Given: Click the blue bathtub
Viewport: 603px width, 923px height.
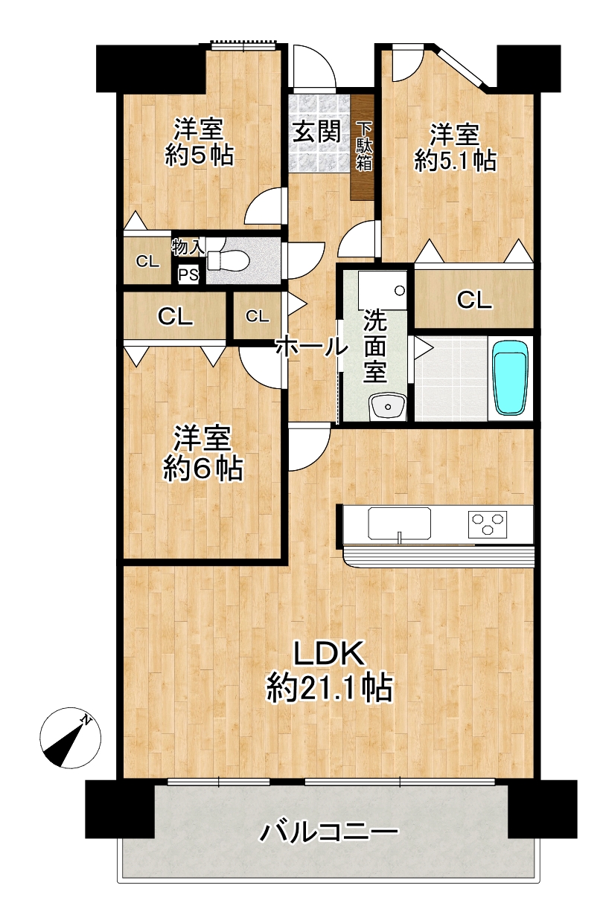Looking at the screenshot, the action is pyautogui.click(x=511, y=378).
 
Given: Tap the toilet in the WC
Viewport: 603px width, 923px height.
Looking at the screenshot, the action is pyautogui.click(x=227, y=259).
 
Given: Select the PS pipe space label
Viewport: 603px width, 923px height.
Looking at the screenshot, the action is pyautogui.click(x=188, y=274).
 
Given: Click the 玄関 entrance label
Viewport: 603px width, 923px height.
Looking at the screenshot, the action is pyautogui.click(x=316, y=132).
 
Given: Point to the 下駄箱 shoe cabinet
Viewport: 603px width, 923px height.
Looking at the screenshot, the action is pyautogui.click(x=364, y=146).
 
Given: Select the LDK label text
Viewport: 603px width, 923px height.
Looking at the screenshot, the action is pyautogui.click(x=329, y=653).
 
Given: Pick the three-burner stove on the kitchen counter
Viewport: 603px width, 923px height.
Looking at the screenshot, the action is pyautogui.click(x=487, y=524).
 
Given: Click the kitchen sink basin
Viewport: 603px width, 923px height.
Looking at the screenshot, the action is pyautogui.click(x=399, y=524).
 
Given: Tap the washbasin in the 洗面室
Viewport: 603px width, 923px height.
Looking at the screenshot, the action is pyautogui.click(x=387, y=407).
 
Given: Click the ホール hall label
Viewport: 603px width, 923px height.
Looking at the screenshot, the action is pyautogui.click(x=312, y=347).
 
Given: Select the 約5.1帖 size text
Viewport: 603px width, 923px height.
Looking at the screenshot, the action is pyautogui.click(x=455, y=161).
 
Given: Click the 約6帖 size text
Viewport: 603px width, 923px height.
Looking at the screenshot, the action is pyautogui.click(x=203, y=468).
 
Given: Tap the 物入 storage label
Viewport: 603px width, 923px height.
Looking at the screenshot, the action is pyautogui.click(x=188, y=247).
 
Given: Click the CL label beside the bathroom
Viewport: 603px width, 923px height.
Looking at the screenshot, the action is pyautogui.click(x=474, y=300).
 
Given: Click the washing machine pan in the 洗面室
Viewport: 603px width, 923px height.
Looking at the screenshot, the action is pyautogui.click(x=383, y=289).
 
